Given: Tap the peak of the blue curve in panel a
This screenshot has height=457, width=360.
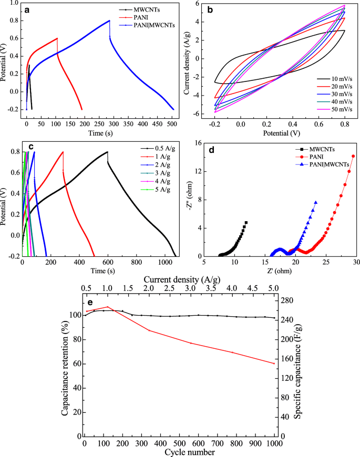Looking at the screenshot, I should coord(109,21).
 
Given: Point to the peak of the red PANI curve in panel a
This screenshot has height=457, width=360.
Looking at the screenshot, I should coord(57,38).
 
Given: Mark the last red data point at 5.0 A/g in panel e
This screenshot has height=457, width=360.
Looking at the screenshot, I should coord(274,363).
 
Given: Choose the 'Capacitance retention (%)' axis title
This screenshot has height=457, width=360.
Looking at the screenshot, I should coord(65,366).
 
